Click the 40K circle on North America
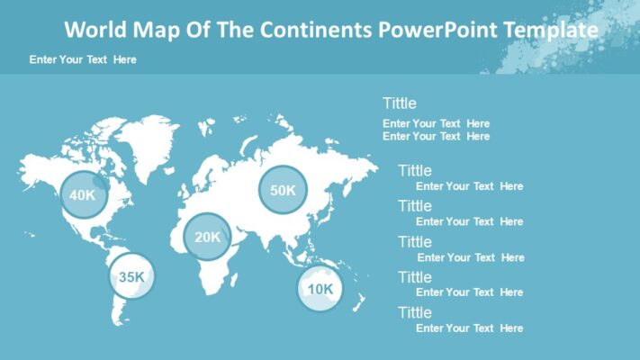(x=83, y=194)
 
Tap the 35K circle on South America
(x=131, y=277)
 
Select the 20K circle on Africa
(x=207, y=238)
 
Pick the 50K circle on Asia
(x=283, y=190)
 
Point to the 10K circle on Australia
(x=321, y=289)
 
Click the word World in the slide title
(x=95, y=31)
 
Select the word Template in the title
(x=551, y=31)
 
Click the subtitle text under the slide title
(x=83, y=59)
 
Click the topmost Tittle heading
(x=399, y=103)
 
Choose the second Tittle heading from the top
(x=415, y=171)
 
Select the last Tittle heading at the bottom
(x=415, y=313)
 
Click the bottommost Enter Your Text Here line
(x=469, y=328)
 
